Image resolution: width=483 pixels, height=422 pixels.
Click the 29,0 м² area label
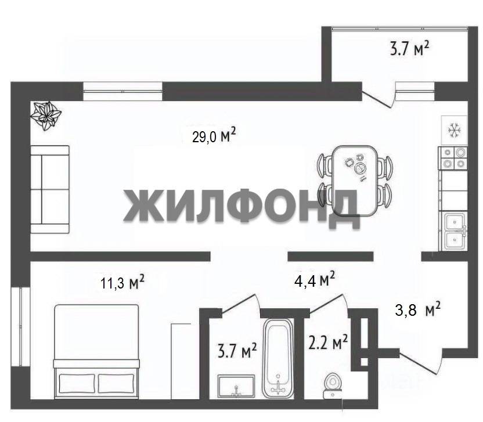coord(214,135)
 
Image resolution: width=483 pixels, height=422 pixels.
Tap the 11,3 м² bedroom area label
coord(122,282)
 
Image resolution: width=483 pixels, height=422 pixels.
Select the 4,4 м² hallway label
coord(315,279)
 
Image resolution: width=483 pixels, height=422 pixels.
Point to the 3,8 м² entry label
coord(418,309)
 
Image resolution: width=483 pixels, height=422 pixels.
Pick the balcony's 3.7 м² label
coord(409,48)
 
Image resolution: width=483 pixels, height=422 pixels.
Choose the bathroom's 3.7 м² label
coord(237,350)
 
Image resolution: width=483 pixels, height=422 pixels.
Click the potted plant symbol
coord(46,117)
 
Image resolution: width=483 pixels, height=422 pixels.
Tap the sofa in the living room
coord(50,189)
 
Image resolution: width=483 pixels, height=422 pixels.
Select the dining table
coord(355,181)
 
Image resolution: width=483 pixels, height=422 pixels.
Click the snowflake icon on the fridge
coord(454,130)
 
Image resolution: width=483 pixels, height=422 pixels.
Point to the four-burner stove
coord(453,158)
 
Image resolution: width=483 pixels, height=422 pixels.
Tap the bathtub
coord(278,358)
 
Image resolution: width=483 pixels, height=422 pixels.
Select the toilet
coord(333,385)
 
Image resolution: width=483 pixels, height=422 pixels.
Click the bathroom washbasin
coord(236,386)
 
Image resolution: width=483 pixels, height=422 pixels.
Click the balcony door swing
coord(379,95)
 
